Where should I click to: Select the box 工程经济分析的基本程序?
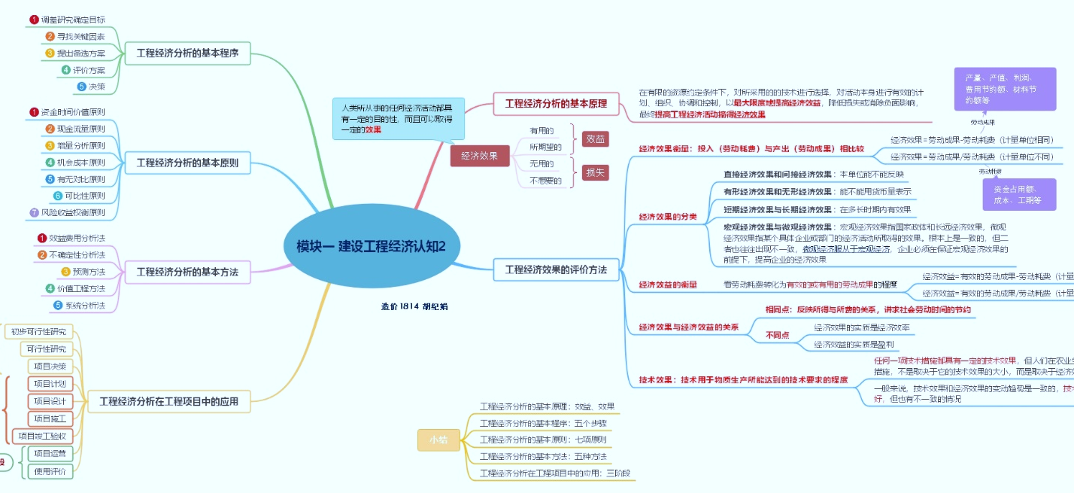pos(193,53)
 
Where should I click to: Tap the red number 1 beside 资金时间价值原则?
pos(34,112)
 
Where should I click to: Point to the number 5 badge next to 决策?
pos(81,87)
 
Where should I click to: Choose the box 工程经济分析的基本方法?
pos(187,272)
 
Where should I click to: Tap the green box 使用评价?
pos(50,471)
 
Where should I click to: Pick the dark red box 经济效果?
pos(479,156)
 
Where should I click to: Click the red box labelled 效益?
pos(596,139)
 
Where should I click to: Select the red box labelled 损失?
pos(596,172)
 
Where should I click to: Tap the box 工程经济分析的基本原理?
pos(556,104)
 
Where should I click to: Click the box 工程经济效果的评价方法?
pos(556,269)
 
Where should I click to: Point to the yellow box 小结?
pos(438,440)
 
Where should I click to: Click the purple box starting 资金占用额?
pos(1018,194)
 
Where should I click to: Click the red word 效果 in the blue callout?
pos(373,129)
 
